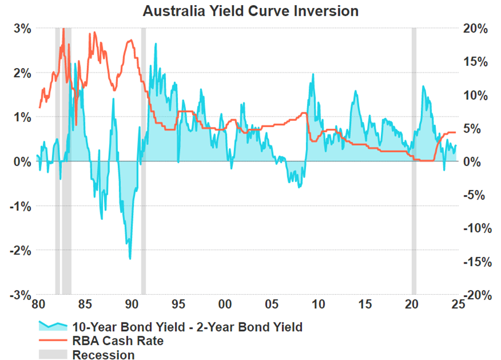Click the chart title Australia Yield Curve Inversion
click(250, 11)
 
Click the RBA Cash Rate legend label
click(117, 341)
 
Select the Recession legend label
click(103, 355)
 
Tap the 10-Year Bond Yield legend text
click(187, 327)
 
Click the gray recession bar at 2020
click(414, 159)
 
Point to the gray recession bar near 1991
click(143, 159)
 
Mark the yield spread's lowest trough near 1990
click(130, 259)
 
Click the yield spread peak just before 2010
click(312, 74)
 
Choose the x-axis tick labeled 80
click(38, 304)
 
